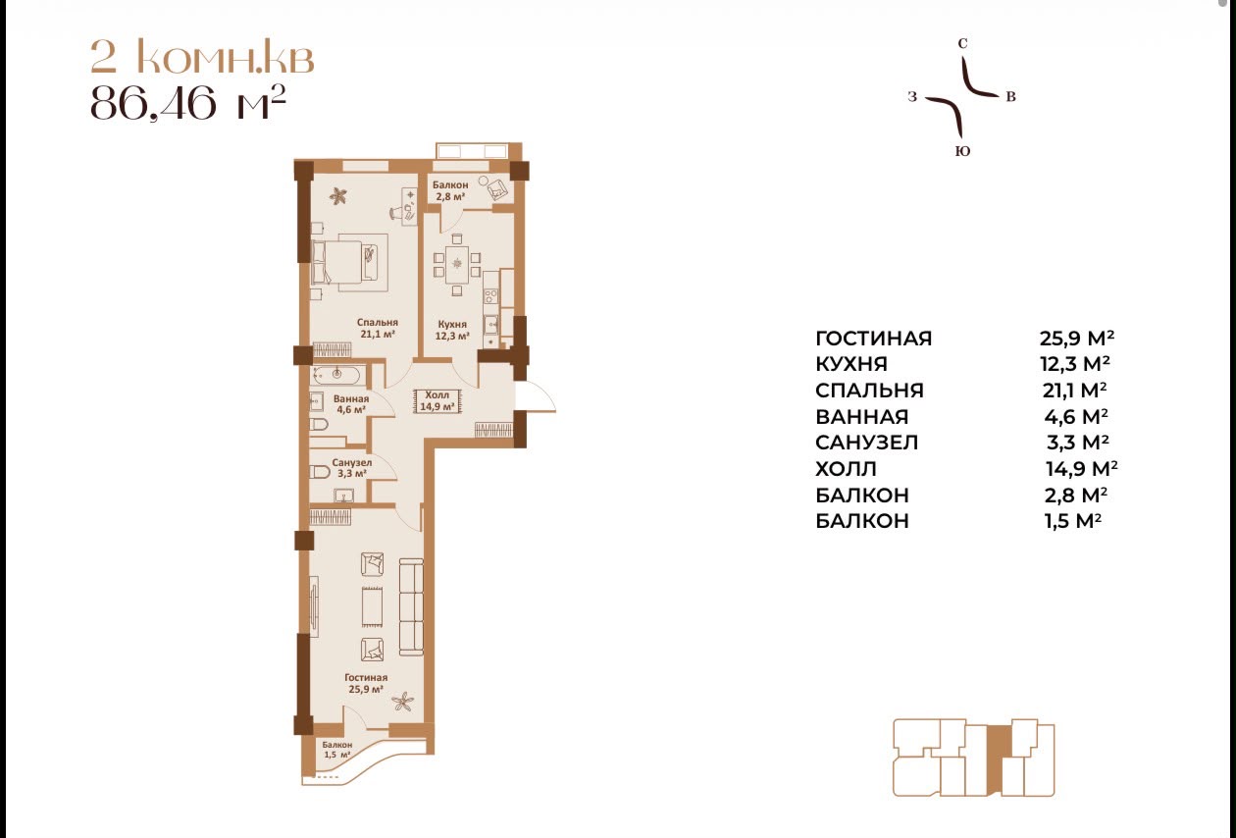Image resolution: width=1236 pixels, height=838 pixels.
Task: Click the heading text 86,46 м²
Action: (187, 102)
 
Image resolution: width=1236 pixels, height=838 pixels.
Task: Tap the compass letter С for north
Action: (963, 43)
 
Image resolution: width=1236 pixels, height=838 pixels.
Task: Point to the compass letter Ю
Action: (963, 151)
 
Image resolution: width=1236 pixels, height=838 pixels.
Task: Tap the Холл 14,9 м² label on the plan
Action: (438, 400)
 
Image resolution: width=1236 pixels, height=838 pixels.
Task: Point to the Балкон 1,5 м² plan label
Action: (337, 750)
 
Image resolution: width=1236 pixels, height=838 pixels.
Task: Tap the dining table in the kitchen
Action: (457, 263)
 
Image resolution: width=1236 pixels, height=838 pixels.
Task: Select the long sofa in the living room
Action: (411, 606)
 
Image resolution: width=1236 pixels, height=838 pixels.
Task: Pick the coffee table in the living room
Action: (373, 606)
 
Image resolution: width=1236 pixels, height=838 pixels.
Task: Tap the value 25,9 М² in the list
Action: (1076, 338)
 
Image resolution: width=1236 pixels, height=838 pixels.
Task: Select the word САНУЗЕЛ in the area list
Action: (866, 443)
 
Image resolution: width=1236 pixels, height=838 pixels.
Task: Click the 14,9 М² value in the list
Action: (1081, 469)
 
